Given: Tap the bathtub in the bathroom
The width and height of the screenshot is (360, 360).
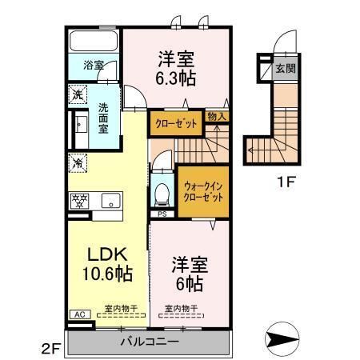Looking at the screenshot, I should coord(94,41).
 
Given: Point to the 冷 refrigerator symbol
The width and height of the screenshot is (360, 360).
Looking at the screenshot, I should coord(77,162).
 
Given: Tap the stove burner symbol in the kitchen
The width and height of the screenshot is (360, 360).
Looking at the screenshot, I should coord(79,199).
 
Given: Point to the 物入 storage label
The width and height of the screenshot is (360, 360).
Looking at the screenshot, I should coord(216,116).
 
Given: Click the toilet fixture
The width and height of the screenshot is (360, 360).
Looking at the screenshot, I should coord(163,194).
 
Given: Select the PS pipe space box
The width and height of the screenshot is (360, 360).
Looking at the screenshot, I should coord(162,214).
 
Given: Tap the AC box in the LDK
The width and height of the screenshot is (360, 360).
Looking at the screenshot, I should coord(79,314).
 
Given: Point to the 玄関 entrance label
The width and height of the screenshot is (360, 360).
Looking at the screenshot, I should coord(285,69).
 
